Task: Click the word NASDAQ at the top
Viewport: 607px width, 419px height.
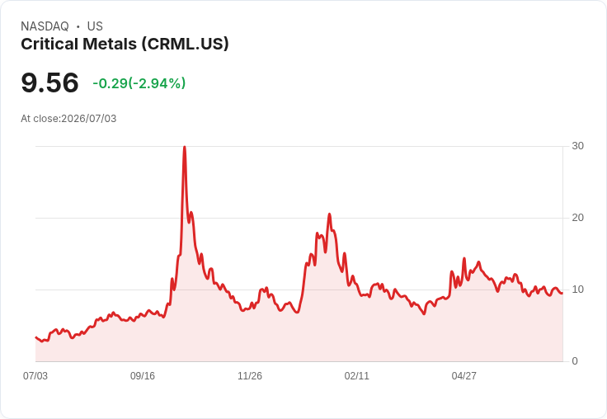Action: [x=45, y=26]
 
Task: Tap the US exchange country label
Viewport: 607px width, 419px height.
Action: [x=95, y=26]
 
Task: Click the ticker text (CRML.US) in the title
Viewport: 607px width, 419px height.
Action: [x=185, y=45]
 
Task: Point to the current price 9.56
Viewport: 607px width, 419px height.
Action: [x=50, y=82]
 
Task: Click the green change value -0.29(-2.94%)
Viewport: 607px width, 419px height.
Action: [x=139, y=83]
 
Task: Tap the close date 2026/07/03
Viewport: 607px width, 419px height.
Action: [x=88, y=119]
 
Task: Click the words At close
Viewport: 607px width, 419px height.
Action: [x=40, y=119]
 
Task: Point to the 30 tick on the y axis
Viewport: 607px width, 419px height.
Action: [x=577, y=146]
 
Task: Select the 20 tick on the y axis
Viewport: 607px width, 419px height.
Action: [x=577, y=218]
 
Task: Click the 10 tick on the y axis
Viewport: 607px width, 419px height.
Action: [x=577, y=290]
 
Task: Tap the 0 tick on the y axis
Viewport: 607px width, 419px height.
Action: [x=575, y=361]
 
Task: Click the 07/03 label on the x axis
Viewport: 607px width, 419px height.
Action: [x=35, y=375]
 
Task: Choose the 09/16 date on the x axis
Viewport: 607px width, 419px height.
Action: [x=143, y=375]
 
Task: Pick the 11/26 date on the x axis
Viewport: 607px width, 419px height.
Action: [x=250, y=375]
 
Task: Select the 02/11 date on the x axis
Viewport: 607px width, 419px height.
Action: [x=356, y=375]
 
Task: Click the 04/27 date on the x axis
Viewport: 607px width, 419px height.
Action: [x=463, y=375]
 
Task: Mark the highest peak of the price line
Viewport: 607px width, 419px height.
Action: [x=185, y=147]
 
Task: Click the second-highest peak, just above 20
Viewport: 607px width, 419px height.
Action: [x=329, y=214]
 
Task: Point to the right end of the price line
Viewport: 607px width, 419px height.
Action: [x=562, y=293]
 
